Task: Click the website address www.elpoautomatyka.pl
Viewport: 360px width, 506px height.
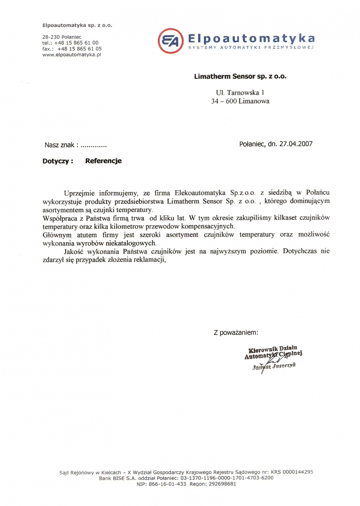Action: tap(72, 54)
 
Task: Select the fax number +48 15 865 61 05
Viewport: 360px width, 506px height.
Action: tap(80, 48)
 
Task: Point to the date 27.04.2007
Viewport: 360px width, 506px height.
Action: tap(297, 144)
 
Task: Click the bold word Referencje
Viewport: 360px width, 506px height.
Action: tap(103, 161)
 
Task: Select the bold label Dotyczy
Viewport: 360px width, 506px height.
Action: tap(58, 161)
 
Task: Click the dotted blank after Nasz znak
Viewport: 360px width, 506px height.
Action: tap(94, 145)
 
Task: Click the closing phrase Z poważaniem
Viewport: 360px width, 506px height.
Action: tap(236, 333)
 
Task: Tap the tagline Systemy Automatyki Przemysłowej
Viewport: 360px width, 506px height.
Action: tap(250, 47)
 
